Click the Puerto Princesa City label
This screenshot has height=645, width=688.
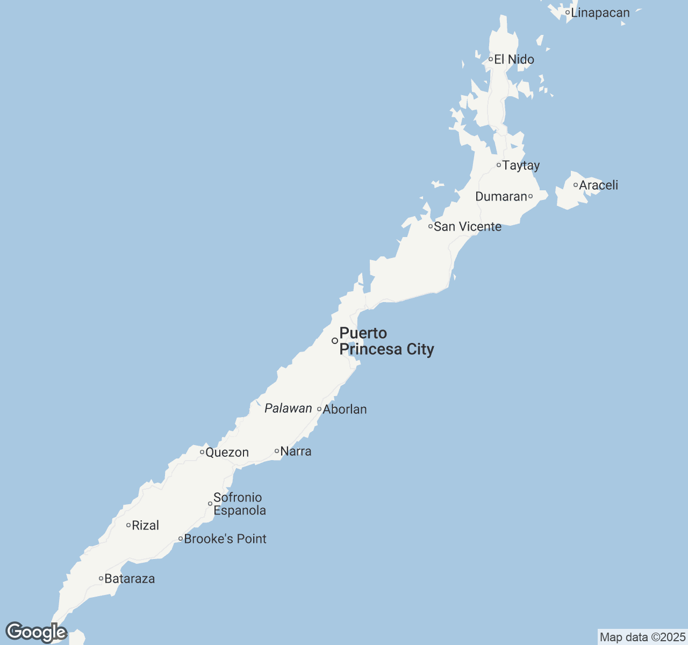coord(386,341)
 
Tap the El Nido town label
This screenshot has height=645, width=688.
coord(514,60)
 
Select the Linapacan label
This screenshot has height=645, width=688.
coord(600,13)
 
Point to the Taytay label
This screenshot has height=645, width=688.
coord(521,166)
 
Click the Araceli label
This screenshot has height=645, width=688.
coord(598,185)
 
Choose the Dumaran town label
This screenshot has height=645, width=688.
coord(501,197)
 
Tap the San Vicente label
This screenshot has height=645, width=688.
coord(468,227)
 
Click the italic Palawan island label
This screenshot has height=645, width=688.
coord(288,408)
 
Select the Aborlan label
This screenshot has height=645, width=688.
coord(345,410)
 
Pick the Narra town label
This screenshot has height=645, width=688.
coord(296,451)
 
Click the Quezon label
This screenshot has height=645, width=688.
coord(227,453)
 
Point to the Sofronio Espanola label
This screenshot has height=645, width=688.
coord(240,504)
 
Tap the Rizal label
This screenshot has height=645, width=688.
coord(145,526)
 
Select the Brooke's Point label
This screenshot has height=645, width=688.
coord(225,539)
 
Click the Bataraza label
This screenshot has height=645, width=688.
coord(130,579)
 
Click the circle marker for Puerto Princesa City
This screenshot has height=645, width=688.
coord(335,341)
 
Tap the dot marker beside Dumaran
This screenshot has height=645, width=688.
coord(531,196)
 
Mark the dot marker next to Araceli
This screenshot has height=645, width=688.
coord(576,185)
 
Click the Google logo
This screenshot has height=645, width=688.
coord(36,632)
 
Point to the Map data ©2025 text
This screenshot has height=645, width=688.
coord(642,637)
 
